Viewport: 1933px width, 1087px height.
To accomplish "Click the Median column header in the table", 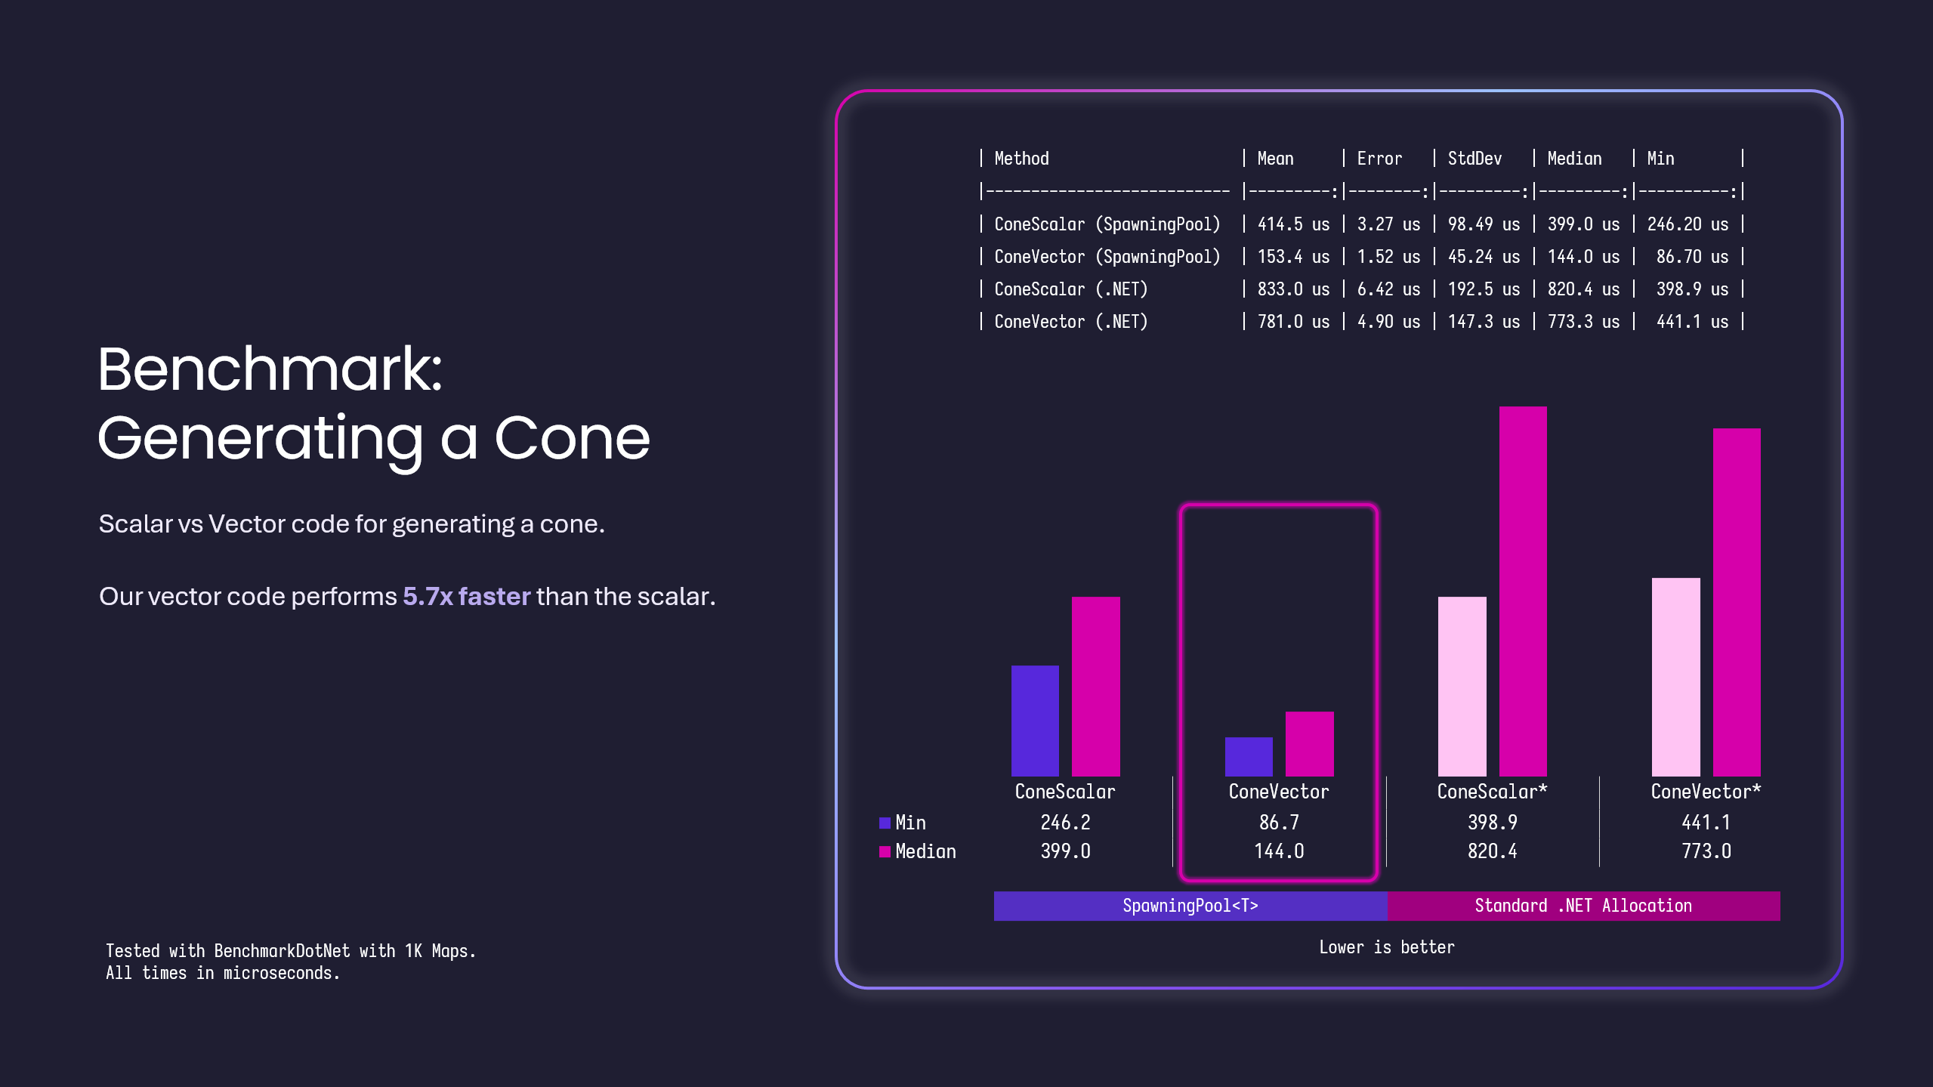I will (x=1574, y=159).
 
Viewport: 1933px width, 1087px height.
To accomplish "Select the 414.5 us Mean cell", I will (x=1293, y=224).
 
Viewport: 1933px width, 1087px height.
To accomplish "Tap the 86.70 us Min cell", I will (x=1692, y=257).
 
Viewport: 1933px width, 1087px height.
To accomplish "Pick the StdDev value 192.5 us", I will (x=1484, y=289).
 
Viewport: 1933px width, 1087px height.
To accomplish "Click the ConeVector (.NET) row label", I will (x=1070, y=322).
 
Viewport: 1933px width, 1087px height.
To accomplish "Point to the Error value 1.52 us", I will (x=1388, y=257).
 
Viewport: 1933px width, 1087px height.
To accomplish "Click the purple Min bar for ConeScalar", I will (x=1035, y=721).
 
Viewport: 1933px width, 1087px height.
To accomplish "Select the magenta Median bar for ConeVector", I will (x=1309, y=743).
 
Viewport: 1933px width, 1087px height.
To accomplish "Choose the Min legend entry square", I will (x=885, y=823).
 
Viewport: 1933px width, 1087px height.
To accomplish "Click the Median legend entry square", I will (x=885, y=852).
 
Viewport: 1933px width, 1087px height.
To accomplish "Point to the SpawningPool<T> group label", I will (x=1190, y=906).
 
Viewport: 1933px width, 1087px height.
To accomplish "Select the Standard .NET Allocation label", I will (x=1583, y=906).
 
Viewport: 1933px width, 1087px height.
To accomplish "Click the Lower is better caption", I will (x=1386, y=947).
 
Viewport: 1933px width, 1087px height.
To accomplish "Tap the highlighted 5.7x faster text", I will (x=466, y=597).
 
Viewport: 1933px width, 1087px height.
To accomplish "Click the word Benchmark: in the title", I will (x=270, y=369).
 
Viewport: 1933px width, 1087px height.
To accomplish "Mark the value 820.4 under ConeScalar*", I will (x=1492, y=851).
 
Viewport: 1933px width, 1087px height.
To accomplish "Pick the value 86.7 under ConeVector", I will (x=1279, y=823).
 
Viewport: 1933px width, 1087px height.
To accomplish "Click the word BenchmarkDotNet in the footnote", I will (x=282, y=951).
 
